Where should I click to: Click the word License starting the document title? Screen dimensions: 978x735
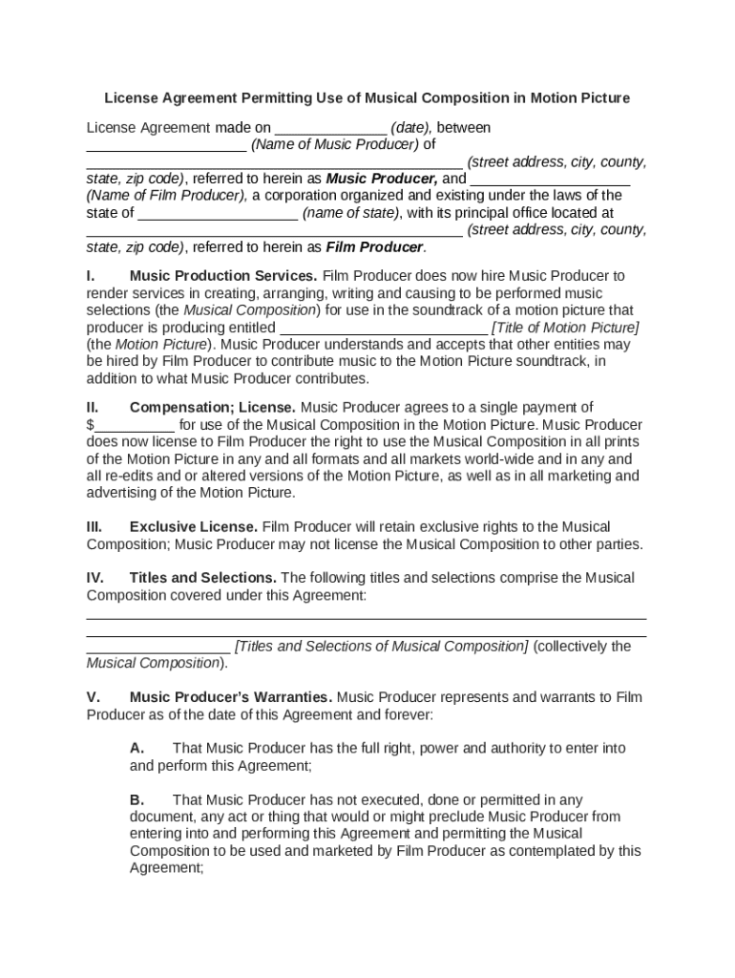point(130,98)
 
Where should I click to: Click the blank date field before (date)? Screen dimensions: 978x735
point(330,129)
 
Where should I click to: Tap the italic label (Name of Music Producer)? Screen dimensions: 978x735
point(335,145)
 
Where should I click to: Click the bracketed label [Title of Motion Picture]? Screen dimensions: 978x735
point(565,328)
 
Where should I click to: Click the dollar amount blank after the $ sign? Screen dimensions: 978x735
point(135,426)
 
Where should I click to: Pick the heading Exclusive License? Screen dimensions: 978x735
point(194,527)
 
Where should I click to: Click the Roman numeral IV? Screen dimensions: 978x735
point(95,578)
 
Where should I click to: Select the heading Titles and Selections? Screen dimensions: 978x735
point(203,578)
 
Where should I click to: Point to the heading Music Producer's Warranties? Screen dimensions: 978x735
point(231,697)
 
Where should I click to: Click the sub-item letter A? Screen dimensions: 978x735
point(136,749)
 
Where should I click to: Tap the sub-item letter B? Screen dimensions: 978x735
point(136,799)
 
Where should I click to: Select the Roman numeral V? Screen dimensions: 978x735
point(93,697)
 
